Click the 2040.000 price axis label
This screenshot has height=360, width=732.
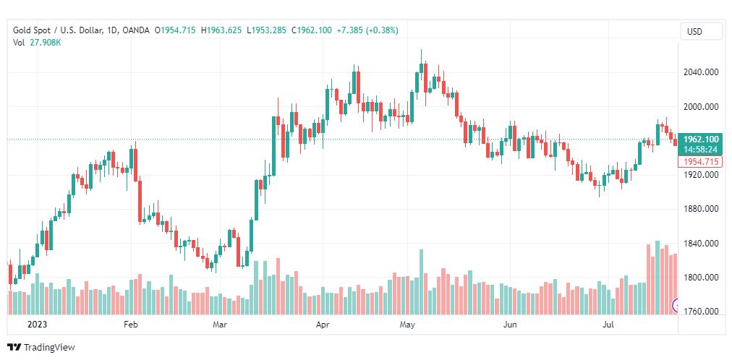[x=701, y=72]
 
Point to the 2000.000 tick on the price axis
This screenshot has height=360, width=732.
[x=701, y=107]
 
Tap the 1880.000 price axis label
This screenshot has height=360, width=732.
[x=701, y=210]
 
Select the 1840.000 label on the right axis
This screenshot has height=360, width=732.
[x=701, y=244]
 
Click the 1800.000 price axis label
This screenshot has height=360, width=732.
[x=701, y=278]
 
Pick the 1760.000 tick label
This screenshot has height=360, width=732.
[x=701, y=312]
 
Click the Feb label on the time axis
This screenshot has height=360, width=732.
[x=130, y=325]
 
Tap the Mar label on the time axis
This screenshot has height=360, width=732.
[x=220, y=325]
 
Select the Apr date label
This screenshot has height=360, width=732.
[x=323, y=325]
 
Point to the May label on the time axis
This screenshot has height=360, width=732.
[x=407, y=325]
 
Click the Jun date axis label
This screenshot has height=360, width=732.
[x=510, y=325]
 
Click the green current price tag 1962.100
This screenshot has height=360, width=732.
[x=700, y=140]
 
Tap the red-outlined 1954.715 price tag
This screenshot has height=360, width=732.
[x=700, y=162]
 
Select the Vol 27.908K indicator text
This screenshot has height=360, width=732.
[x=37, y=43]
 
